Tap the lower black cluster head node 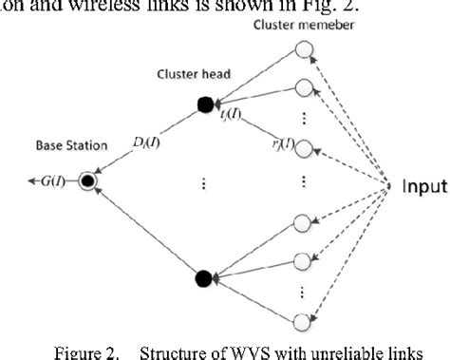[202, 278]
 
